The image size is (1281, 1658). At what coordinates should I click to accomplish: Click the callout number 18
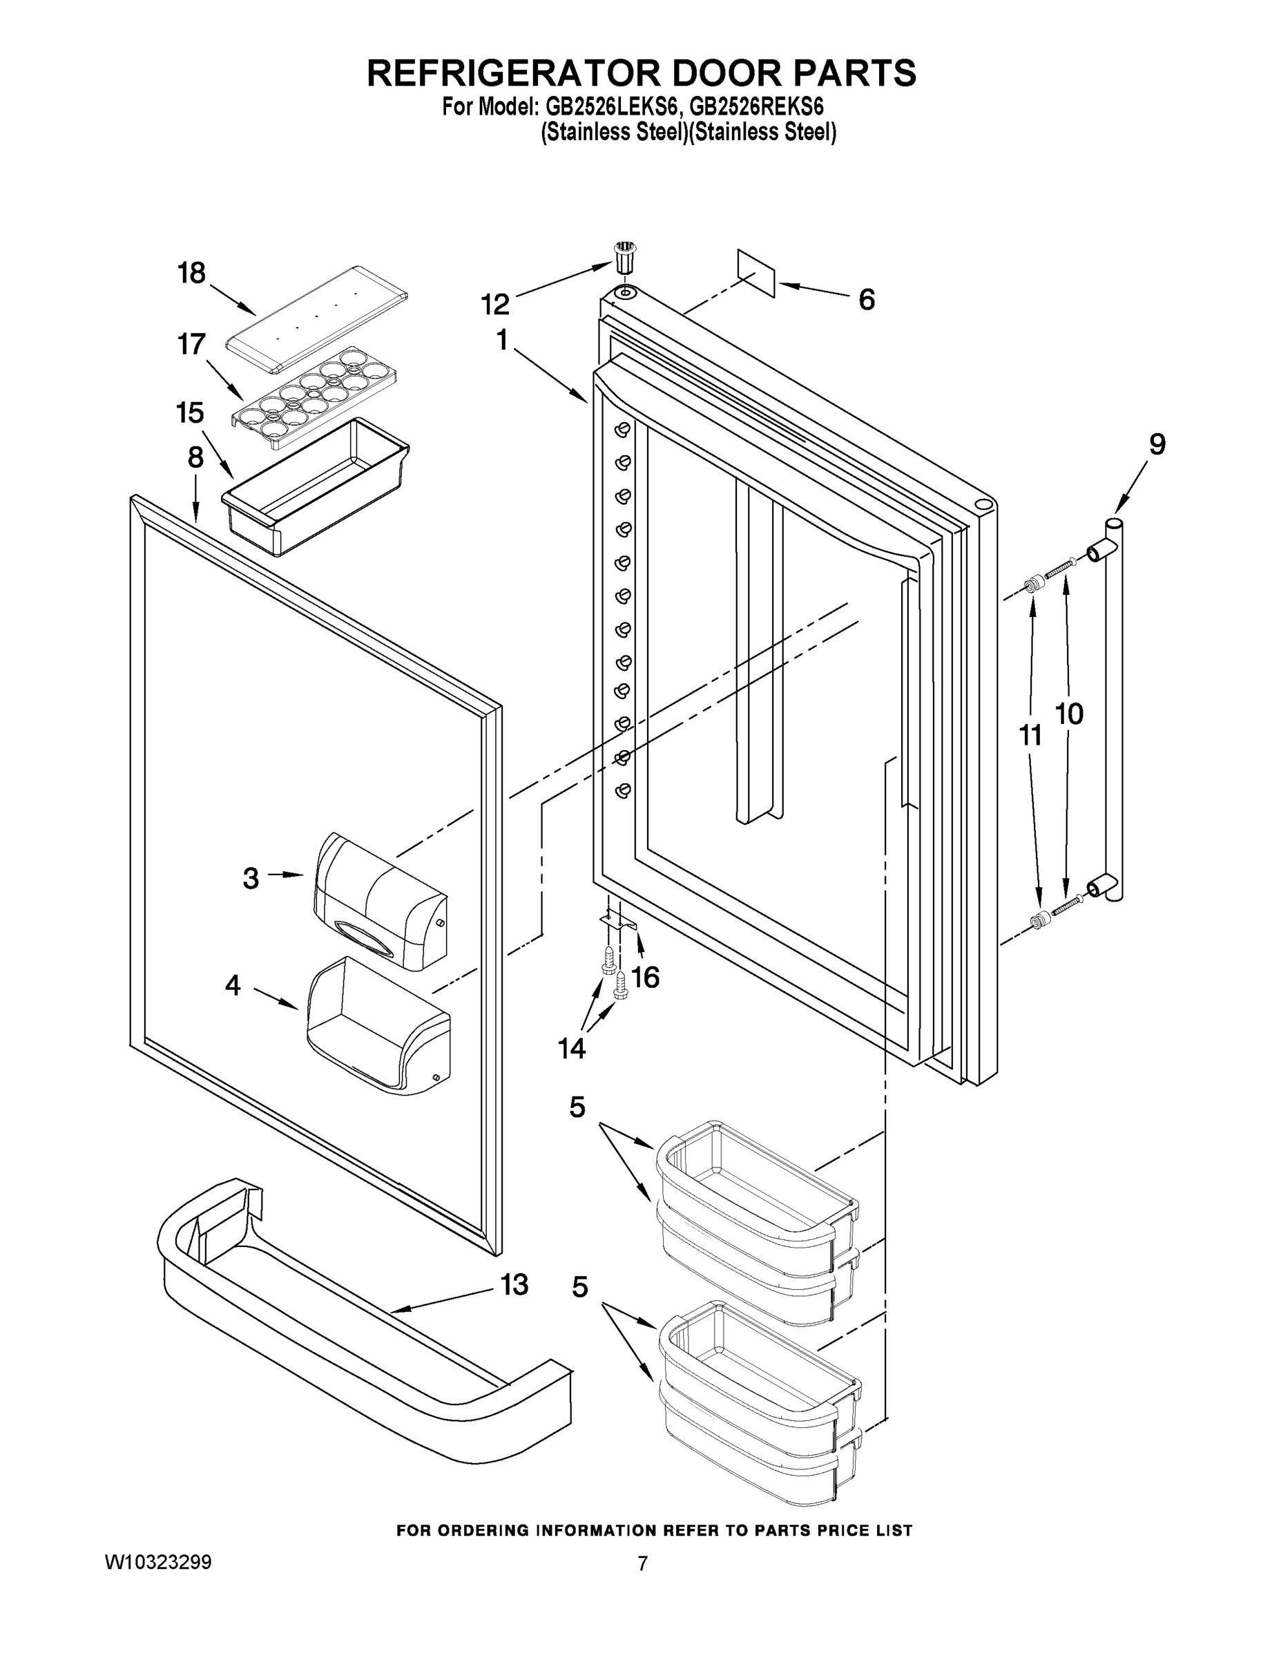pos(191,273)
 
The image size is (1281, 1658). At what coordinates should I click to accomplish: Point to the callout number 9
pos(1157,444)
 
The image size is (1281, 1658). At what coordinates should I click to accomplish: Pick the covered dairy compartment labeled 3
pos(379,902)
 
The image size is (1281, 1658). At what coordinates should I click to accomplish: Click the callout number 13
pos(514,1285)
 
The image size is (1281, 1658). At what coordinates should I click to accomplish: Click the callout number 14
pos(571,1049)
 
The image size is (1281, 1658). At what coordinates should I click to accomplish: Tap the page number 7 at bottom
pos(642,1563)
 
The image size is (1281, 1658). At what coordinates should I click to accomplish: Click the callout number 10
pos(1069,714)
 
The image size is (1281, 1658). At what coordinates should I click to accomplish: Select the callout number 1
pos(501,341)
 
